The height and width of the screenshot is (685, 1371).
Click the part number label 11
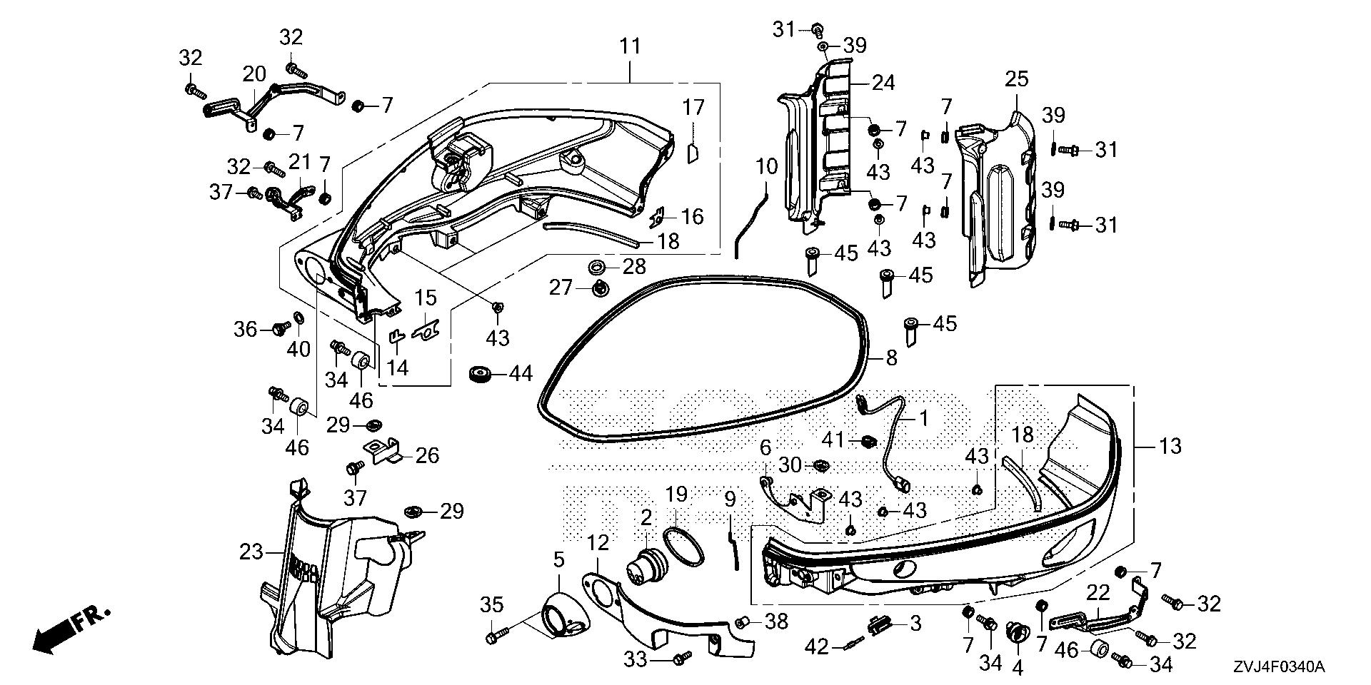tap(630, 47)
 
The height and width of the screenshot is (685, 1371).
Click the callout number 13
tap(1170, 447)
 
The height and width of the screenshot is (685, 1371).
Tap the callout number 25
tap(1017, 79)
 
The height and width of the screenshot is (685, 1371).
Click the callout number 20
tap(254, 74)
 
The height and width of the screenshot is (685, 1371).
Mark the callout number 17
tap(693, 108)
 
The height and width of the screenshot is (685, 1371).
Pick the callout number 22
tap(1098, 594)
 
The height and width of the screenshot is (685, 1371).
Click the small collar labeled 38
tap(743, 621)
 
